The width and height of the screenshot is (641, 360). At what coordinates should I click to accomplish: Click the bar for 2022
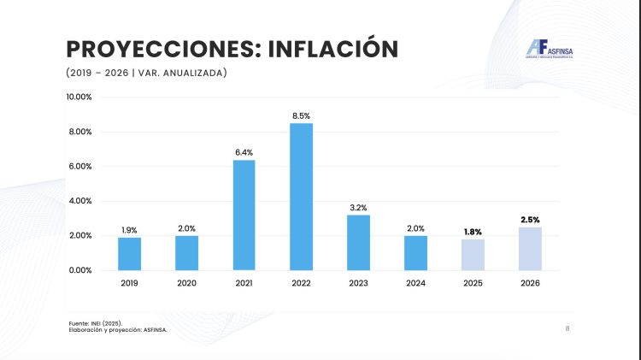click(x=301, y=197)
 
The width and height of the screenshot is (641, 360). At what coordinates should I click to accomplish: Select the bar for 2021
click(x=244, y=215)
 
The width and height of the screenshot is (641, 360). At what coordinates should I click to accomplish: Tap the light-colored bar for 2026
click(x=530, y=248)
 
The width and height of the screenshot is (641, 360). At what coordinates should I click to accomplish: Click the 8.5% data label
click(x=301, y=115)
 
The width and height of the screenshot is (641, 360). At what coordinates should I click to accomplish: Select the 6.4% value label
click(x=244, y=151)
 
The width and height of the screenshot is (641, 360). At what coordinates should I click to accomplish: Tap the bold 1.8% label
click(x=473, y=231)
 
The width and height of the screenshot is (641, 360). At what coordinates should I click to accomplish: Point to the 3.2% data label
click(x=358, y=207)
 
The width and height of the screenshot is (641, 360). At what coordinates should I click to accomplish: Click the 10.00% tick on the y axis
click(x=79, y=97)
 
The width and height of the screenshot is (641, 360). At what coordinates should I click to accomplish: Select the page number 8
click(x=568, y=328)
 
